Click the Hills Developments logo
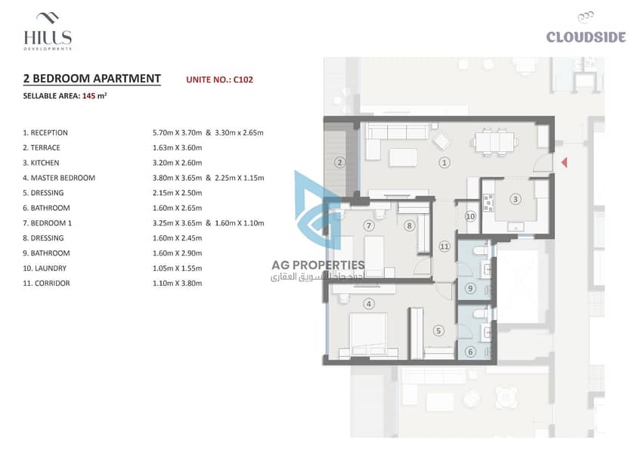pos(48,32)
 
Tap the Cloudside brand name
pos(586,37)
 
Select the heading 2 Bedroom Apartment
pos(92,78)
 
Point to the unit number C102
pos(243,79)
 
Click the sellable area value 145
pos(88,96)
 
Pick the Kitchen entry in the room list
pos(41,163)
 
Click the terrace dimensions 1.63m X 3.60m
pos(178,147)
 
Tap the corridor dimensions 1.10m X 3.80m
pos(178,284)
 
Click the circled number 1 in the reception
pos(444,163)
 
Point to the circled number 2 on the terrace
pos(339,163)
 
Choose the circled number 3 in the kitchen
pos(515,199)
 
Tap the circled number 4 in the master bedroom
pos(369,304)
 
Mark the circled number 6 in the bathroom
pos(470,352)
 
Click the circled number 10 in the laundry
pos(470,216)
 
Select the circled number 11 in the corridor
pos(444,247)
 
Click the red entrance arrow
pos(565,163)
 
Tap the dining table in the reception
pos(495,142)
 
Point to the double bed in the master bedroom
pos(368,335)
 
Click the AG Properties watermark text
pos(318,265)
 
